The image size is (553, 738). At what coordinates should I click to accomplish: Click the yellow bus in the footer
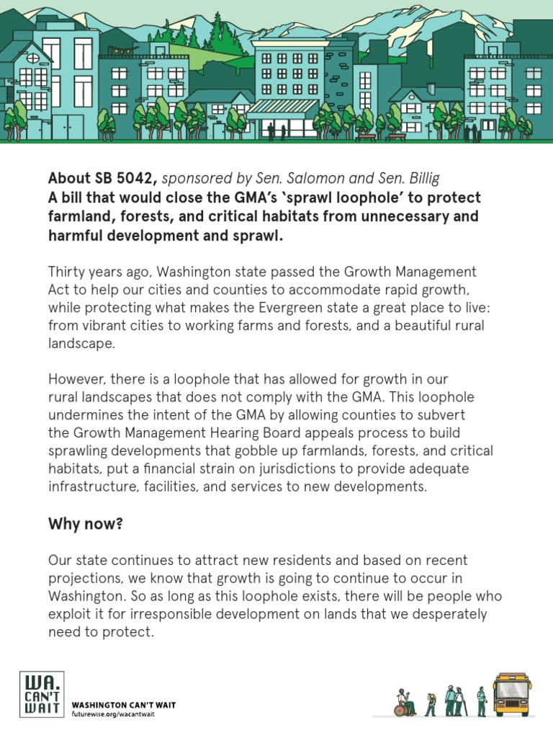[x=512, y=693]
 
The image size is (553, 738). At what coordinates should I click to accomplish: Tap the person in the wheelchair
[x=403, y=703]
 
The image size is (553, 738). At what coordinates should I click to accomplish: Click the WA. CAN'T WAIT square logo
[x=41, y=695]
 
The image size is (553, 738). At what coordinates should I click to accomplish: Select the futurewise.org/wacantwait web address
[x=112, y=713]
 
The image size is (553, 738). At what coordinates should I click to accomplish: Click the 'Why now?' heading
[x=85, y=523]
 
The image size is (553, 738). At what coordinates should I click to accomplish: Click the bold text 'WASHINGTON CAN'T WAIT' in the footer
[x=123, y=704]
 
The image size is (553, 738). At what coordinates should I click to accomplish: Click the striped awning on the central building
[x=282, y=107]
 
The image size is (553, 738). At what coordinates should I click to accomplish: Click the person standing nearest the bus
[x=481, y=701]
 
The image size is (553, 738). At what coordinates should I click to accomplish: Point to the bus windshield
[x=512, y=688]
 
